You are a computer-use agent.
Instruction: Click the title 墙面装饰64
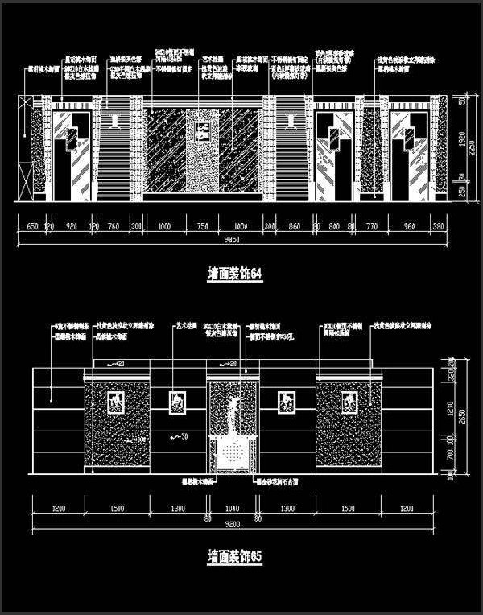pos(236,274)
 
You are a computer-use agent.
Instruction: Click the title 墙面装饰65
pos(236,556)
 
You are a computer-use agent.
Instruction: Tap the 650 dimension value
pos(32,227)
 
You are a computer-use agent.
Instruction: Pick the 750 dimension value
pos(202,227)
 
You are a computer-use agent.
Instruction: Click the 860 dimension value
pos(294,227)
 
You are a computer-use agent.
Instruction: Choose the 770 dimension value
pos(371,227)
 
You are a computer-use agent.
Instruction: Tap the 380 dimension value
pos(439,227)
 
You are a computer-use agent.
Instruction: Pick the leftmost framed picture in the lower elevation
pos(116,401)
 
